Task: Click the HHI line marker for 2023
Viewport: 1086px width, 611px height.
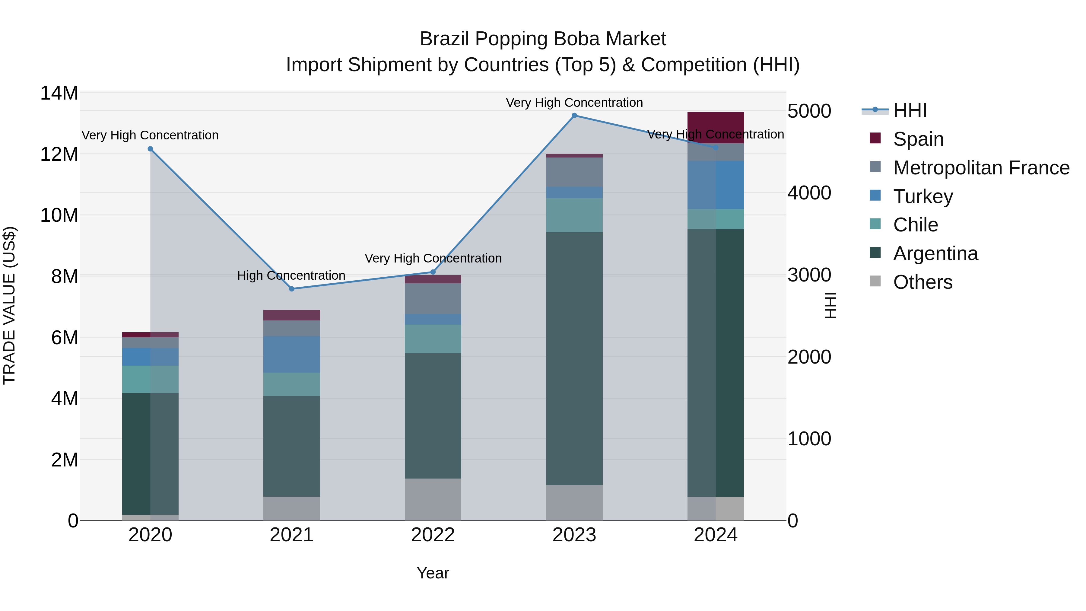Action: [x=574, y=116]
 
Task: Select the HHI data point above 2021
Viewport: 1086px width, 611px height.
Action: [x=292, y=289]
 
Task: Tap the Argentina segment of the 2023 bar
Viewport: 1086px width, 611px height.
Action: [x=574, y=358]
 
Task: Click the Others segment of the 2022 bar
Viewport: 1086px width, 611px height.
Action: [x=433, y=499]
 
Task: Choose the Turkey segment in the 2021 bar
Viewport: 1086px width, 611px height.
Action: [x=292, y=354]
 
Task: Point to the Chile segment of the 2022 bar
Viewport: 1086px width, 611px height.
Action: [x=433, y=339]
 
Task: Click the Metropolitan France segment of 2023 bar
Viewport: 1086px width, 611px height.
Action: [x=574, y=172]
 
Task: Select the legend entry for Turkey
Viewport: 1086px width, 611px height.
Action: [x=922, y=196]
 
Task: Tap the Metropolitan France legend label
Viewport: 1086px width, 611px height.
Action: [x=981, y=168]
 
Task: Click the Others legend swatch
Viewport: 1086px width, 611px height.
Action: [x=875, y=281]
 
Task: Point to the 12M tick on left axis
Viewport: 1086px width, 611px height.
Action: [x=59, y=154]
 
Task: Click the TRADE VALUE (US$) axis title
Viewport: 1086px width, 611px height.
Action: [x=9, y=305]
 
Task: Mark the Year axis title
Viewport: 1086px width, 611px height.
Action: [x=433, y=573]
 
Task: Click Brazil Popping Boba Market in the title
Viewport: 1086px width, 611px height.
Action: [x=543, y=39]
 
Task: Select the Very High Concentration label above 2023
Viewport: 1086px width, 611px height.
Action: [x=574, y=103]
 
